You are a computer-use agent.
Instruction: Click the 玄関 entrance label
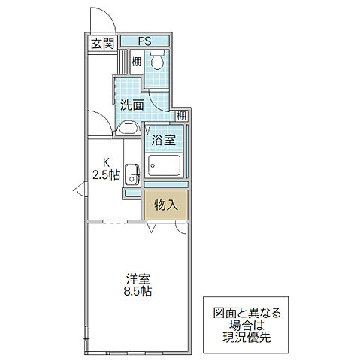(103, 44)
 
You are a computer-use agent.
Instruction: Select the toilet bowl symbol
(159, 60)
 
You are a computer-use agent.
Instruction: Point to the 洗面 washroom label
(132, 105)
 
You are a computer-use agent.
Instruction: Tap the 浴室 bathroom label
(163, 139)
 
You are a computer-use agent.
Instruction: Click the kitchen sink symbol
(132, 174)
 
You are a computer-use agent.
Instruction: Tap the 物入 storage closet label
(165, 204)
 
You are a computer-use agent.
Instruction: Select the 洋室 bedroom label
(136, 278)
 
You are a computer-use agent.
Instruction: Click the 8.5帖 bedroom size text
(136, 291)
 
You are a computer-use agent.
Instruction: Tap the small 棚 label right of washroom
(183, 115)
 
